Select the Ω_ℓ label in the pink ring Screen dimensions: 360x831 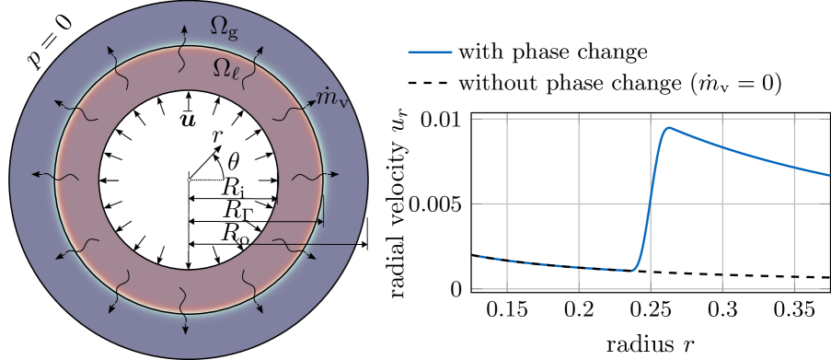tap(226, 67)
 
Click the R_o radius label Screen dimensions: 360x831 tap(237, 233)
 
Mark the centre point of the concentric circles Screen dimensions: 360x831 tap(189, 180)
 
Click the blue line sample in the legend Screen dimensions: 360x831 tap(430, 52)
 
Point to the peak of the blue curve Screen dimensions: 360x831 tap(669, 128)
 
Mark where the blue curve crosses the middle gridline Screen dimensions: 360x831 tap(651, 203)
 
